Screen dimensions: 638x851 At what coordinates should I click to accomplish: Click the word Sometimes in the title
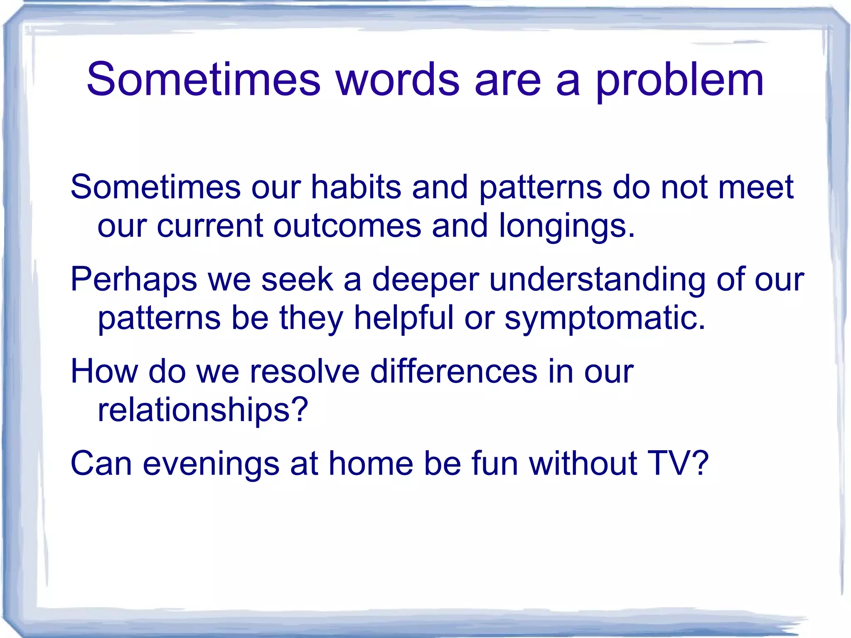[204, 79]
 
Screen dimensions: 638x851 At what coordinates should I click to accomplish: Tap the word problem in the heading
[680, 81]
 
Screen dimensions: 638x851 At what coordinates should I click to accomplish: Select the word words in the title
[398, 79]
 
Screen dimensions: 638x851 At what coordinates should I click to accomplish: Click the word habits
[356, 187]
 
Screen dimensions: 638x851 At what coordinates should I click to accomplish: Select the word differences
[453, 371]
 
